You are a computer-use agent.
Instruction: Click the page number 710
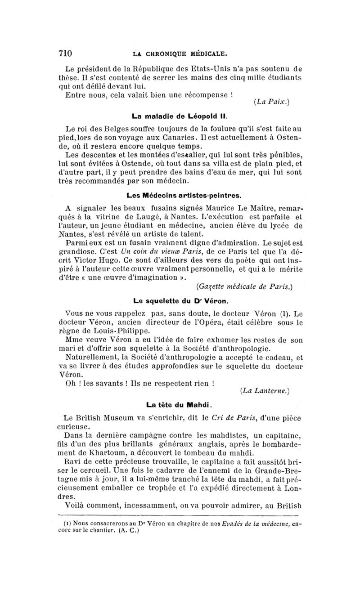pos(65,53)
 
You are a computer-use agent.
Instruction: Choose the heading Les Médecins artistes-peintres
pos(184,196)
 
